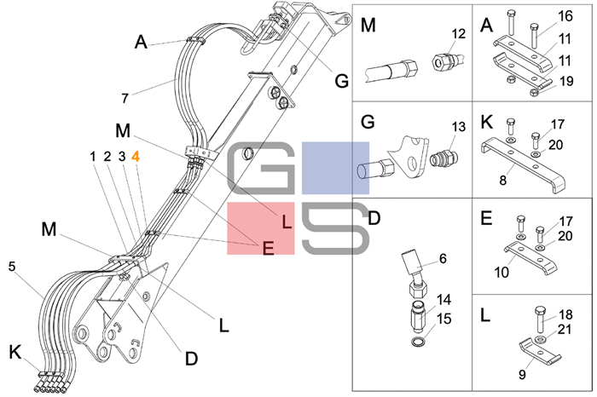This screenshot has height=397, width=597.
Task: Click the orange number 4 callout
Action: click(136, 156)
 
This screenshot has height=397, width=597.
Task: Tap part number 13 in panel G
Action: click(459, 127)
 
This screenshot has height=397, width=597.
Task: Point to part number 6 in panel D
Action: click(443, 258)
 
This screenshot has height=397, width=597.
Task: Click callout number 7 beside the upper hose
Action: click(125, 98)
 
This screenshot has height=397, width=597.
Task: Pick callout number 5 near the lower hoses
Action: click(12, 266)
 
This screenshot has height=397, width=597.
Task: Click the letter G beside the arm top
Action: click(341, 82)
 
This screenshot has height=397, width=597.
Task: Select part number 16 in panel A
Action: click(565, 15)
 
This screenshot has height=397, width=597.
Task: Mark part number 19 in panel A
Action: click(565, 82)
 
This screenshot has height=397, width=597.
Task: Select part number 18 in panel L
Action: click(565, 313)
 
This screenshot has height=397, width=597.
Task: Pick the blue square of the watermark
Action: click(335, 168)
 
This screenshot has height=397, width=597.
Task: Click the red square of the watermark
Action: click(260, 229)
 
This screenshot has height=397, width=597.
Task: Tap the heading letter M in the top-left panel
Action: click(368, 26)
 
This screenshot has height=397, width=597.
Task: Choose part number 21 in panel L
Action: click(565, 329)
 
